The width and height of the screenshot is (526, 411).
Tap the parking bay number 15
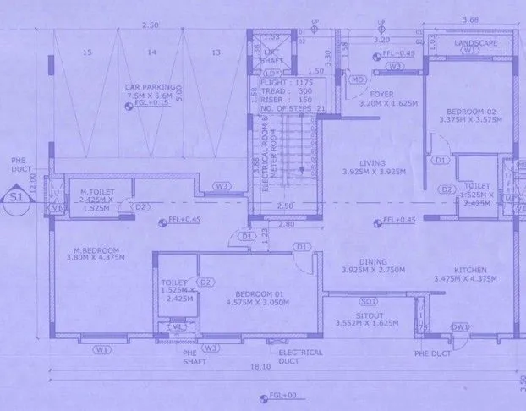pyautogui.click(x=87, y=52)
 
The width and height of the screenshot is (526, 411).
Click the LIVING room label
pyautogui.click(x=372, y=163)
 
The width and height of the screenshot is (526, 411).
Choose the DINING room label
pyautogui.click(x=372, y=262)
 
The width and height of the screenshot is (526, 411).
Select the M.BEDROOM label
pyautogui.click(x=96, y=250)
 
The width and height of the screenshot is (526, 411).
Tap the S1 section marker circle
pyautogui.click(x=14, y=200)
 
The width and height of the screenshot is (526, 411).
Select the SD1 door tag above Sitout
pyautogui.click(x=368, y=300)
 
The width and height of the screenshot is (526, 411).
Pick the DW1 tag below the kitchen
pyautogui.click(x=460, y=326)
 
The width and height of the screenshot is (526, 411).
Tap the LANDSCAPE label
pyautogui.click(x=475, y=43)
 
